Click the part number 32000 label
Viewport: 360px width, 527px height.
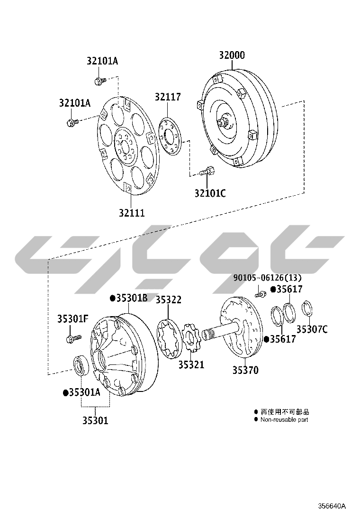232,55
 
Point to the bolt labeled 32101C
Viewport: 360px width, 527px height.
207,171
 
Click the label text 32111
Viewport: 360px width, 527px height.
132,213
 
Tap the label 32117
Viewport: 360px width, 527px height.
168,97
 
